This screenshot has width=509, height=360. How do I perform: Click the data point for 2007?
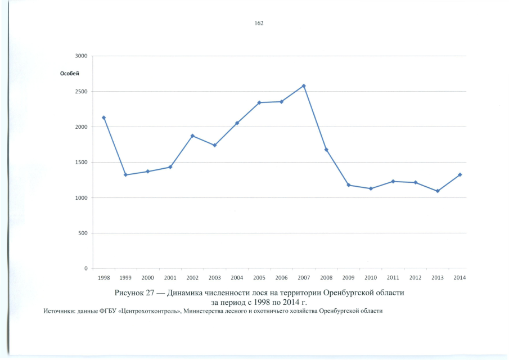coord(304,86)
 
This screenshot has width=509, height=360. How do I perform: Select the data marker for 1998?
coord(103,118)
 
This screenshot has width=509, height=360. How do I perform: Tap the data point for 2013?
coord(438,191)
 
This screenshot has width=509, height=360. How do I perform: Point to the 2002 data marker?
coord(192,136)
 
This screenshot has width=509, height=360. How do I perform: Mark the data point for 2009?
coord(349,185)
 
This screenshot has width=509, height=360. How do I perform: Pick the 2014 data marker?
coord(460,174)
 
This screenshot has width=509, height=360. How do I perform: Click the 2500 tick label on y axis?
coord(81,92)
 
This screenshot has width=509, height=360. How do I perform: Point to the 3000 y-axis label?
coord(81,56)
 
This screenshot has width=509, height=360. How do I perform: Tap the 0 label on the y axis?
coord(85,269)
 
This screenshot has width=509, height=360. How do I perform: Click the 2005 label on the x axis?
coord(259,278)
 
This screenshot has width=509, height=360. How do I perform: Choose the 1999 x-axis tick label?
coord(125,278)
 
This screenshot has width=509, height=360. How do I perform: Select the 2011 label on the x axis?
coord(393,278)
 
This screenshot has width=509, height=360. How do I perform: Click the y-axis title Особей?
coord(70,74)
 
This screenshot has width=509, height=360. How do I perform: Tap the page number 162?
coord(259,23)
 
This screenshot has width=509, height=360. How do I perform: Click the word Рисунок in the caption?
coord(130,294)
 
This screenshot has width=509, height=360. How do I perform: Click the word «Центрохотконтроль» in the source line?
coord(146,312)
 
